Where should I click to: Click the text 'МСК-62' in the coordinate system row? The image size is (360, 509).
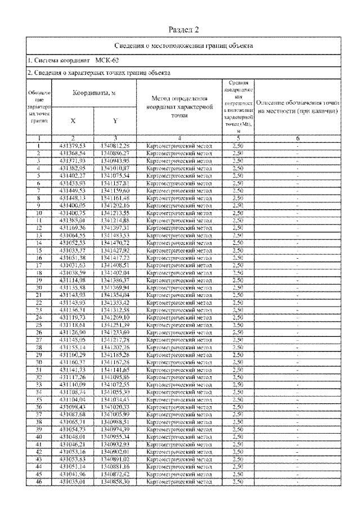(x=107, y=60)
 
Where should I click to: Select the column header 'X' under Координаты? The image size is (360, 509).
(x=73, y=120)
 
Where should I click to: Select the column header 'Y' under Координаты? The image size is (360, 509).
(x=115, y=120)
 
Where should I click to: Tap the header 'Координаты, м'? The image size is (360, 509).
(x=93, y=93)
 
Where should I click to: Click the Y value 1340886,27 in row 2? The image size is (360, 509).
(x=115, y=152)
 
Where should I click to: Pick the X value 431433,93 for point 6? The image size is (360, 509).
(x=72, y=183)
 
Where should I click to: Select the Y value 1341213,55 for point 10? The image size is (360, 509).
(x=115, y=213)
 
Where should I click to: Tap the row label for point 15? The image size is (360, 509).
(x=39, y=250)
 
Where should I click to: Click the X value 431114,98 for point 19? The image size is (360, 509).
(x=72, y=280)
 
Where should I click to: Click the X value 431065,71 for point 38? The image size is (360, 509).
(x=72, y=421)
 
